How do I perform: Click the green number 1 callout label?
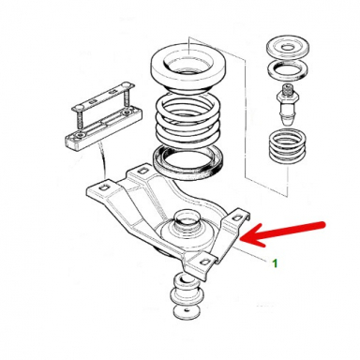pyautogui.click(x=275, y=263)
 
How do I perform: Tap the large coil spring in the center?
pyautogui.click(x=188, y=118)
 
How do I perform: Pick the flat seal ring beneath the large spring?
pyautogui.click(x=188, y=162)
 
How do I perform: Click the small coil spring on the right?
pyautogui.click(x=287, y=147)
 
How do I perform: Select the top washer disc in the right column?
pyautogui.click(x=287, y=48)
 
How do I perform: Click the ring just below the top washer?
pyautogui.click(x=287, y=70)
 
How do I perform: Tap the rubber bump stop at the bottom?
pyautogui.click(x=186, y=294)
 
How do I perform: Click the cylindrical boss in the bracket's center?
pyautogui.click(x=187, y=221)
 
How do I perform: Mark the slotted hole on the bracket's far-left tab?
pyautogui.click(x=102, y=187)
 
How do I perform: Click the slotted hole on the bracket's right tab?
pyautogui.click(x=237, y=217)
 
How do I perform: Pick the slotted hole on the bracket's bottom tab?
pyautogui.click(x=205, y=262)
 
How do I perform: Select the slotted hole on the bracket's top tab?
pyautogui.click(x=142, y=171)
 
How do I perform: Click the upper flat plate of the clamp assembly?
pyautogui.click(x=103, y=97)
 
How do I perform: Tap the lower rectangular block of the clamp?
pyautogui.click(x=103, y=128)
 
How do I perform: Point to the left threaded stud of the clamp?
pyautogui.click(x=78, y=121)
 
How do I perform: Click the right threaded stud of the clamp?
pyautogui.click(x=127, y=97)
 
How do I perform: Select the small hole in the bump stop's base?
pyautogui.click(x=187, y=310)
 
